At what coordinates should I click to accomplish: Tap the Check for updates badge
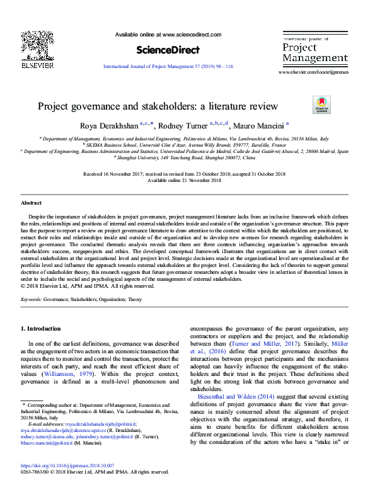tap(320, 105)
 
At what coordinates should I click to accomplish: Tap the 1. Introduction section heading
tap(41, 329)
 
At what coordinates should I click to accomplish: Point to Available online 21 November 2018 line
tap(184, 180)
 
